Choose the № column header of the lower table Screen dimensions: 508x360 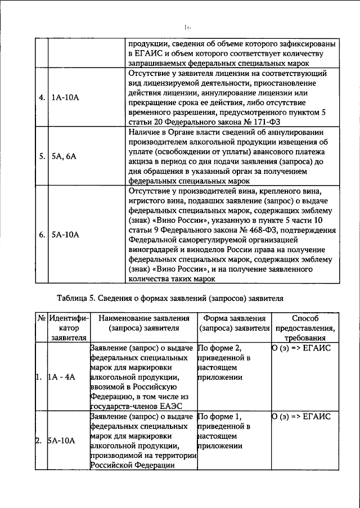coord(41,318)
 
